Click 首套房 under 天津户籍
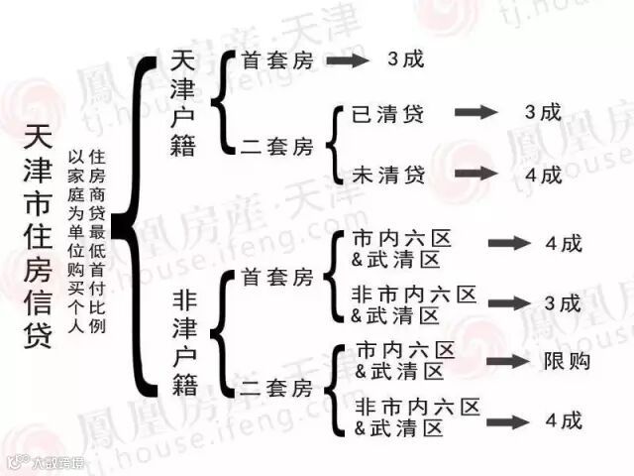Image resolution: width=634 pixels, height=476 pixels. pyautogui.click(x=276, y=60)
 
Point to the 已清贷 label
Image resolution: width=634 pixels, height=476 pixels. pyautogui.click(x=388, y=114)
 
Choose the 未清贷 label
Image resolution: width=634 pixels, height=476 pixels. pyautogui.click(x=388, y=175)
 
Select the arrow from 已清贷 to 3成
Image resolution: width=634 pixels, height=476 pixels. pyautogui.click(x=476, y=113)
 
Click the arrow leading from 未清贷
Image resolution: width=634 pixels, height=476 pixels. pyautogui.click(x=476, y=175)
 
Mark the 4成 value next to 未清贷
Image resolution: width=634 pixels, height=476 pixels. pyautogui.click(x=543, y=175)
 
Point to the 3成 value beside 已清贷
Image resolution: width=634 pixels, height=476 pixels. pyautogui.click(x=543, y=112)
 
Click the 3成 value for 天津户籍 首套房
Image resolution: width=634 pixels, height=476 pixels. pyautogui.click(x=404, y=59)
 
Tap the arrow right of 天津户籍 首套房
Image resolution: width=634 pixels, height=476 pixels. pyautogui.click(x=347, y=60)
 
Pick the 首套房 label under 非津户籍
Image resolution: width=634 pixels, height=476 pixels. pyautogui.click(x=276, y=278)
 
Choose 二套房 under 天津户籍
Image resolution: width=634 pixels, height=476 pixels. pyautogui.click(x=276, y=148)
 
